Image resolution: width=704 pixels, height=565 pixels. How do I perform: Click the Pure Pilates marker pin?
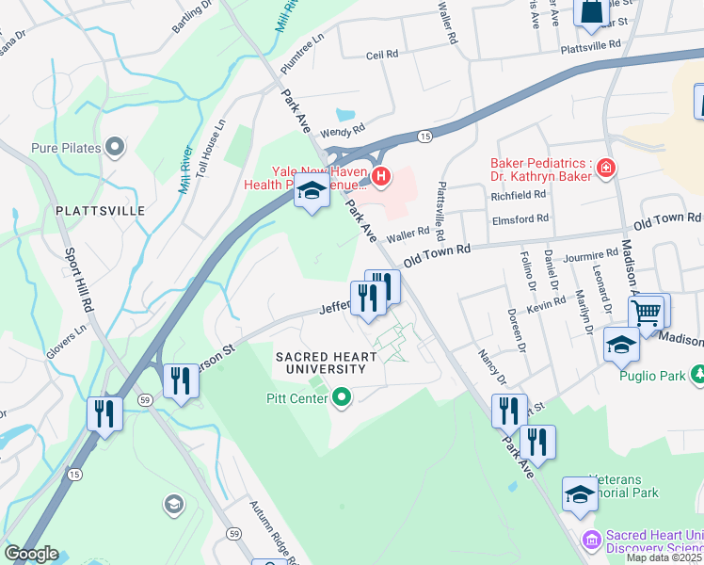pyautogui.click(x=116, y=147)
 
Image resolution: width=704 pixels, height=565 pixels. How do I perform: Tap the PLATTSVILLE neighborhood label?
pyautogui.click(x=101, y=211)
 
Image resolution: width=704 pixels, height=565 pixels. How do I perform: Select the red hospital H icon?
pyautogui.click(x=381, y=175)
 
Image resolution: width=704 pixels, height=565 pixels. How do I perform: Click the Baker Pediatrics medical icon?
pyautogui.click(x=606, y=169)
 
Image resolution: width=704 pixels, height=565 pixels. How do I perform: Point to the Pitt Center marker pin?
pyautogui.click(x=342, y=398)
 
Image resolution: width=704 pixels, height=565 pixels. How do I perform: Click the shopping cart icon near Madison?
pyautogui.click(x=648, y=314)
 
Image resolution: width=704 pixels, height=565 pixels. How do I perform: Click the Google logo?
pyautogui.click(x=30, y=554)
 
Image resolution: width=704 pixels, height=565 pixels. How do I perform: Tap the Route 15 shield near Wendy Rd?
pyautogui.click(x=425, y=137)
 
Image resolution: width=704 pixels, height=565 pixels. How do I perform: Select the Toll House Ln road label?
pyautogui.click(x=210, y=148)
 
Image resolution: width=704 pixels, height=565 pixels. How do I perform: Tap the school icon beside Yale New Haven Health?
pyautogui.click(x=312, y=192)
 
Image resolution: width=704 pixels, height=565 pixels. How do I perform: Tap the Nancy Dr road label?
pyautogui.click(x=492, y=368)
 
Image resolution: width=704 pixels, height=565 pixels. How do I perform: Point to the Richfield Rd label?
pyautogui.click(x=519, y=195)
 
